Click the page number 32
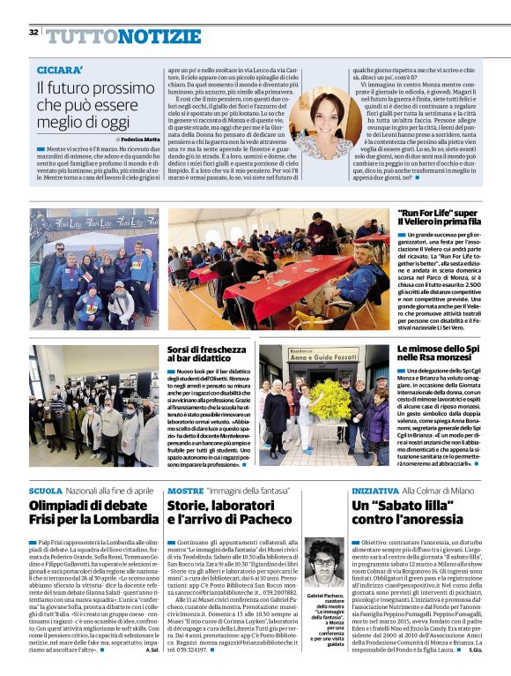(33, 33)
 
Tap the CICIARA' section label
(60, 70)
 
